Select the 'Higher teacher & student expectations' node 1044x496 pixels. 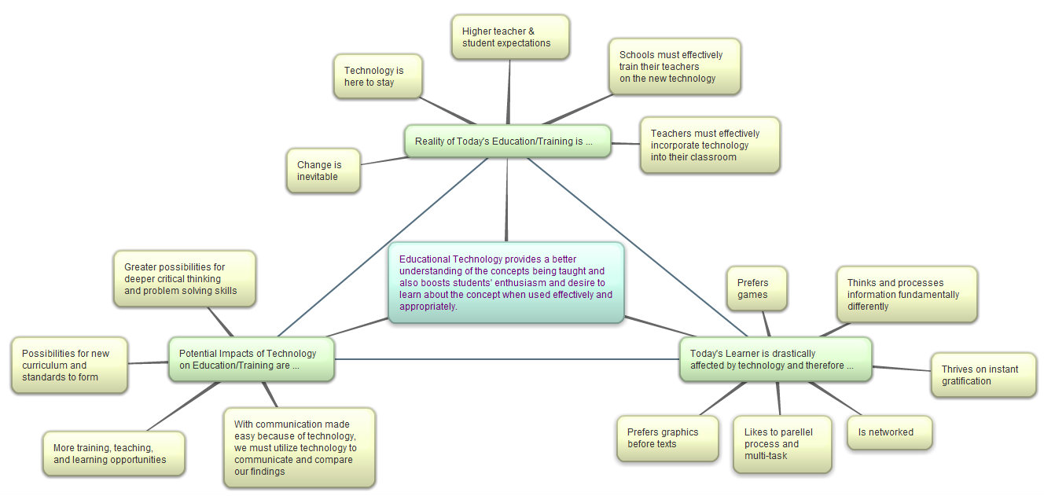(510, 37)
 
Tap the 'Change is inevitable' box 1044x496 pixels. (323, 171)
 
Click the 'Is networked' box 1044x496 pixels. (889, 432)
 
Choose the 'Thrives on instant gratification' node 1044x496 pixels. (983, 375)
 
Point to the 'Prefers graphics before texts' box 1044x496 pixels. (667, 438)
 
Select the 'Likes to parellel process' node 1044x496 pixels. (781, 444)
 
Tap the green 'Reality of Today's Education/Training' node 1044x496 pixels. (507, 141)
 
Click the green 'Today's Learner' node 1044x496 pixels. (775, 359)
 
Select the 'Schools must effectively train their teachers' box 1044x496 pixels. (674, 67)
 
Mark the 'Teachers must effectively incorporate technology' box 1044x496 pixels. (709, 145)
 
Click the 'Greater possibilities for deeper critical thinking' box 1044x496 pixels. (185, 279)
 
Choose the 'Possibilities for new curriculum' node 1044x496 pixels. (69, 366)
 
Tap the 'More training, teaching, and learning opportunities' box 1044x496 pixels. (113, 454)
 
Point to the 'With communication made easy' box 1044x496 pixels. (299, 447)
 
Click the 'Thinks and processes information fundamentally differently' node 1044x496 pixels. (906, 295)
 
